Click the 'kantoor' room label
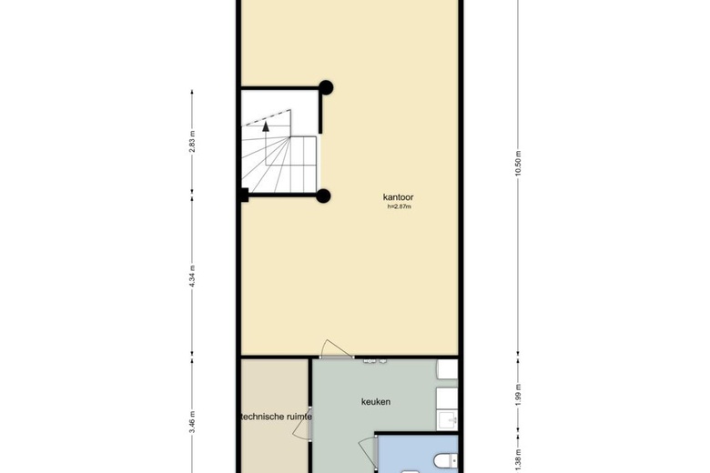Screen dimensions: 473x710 click(401, 196)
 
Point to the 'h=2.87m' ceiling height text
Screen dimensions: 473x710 click(401, 206)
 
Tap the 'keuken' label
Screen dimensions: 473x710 click(375, 401)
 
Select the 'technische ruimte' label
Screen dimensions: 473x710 click(275, 418)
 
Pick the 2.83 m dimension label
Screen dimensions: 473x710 click(192, 142)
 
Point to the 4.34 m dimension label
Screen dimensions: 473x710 click(192, 276)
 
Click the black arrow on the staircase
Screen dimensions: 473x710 click(266, 128)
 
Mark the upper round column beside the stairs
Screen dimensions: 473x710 click(325, 88)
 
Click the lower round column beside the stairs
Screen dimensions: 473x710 click(322, 195)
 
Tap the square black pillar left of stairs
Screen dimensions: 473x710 click(243, 193)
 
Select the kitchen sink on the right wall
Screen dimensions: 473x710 click(445, 419)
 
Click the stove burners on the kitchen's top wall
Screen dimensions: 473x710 click(376, 361)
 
